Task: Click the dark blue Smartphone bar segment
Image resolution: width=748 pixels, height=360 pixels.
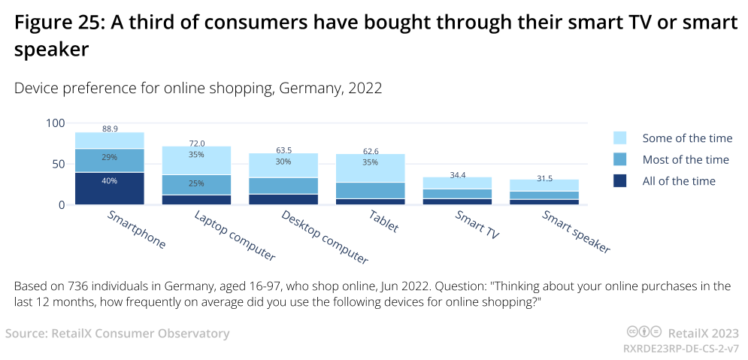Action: coord(110,189)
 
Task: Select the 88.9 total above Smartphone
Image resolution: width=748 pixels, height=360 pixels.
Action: coord(110,129)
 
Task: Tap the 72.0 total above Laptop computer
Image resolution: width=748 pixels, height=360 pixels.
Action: coord(196,143)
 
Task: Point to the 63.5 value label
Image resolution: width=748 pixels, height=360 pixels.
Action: coord(283,150)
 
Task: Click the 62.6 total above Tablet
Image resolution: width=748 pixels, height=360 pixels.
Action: coord(370,150)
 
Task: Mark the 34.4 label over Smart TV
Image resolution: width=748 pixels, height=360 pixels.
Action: coord(457,174)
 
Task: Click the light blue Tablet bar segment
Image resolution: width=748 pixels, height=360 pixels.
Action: coord(370,168)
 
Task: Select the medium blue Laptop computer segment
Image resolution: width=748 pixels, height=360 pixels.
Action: coord(196,185)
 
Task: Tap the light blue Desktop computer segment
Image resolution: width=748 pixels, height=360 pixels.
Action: coord(283,165)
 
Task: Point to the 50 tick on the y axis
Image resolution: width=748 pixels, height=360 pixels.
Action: coord(59,164)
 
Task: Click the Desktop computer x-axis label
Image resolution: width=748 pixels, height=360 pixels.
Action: coord(323,237)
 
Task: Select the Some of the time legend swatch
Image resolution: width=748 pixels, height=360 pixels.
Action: coord(619,138)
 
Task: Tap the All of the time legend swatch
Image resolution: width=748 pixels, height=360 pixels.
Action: coord(619,181)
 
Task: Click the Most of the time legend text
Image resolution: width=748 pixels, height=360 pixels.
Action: coord(686,159)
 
